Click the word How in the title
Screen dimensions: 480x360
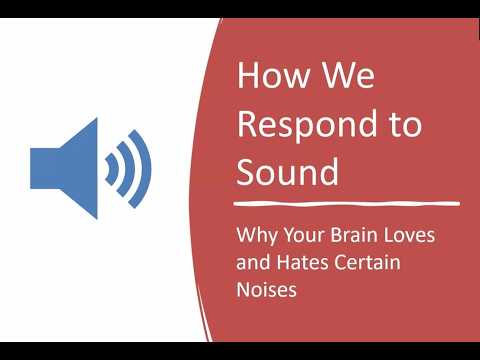click(x=273, y=75)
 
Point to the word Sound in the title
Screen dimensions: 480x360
click(x=288, y=172)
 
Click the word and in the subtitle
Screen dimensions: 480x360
click(x=253, y=262)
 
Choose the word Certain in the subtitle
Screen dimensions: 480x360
click(x=368, y=262)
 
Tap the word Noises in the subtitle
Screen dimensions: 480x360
click(x=266, y=289)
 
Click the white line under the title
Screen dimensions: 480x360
click(x=347, y=203)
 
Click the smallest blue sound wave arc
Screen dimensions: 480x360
click(x=112, y=169)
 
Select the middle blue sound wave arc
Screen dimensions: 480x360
click(x=130, y=169)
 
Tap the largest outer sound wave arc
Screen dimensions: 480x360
click(x=147, y=169)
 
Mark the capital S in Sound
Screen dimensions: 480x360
click(x=246, y=172)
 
